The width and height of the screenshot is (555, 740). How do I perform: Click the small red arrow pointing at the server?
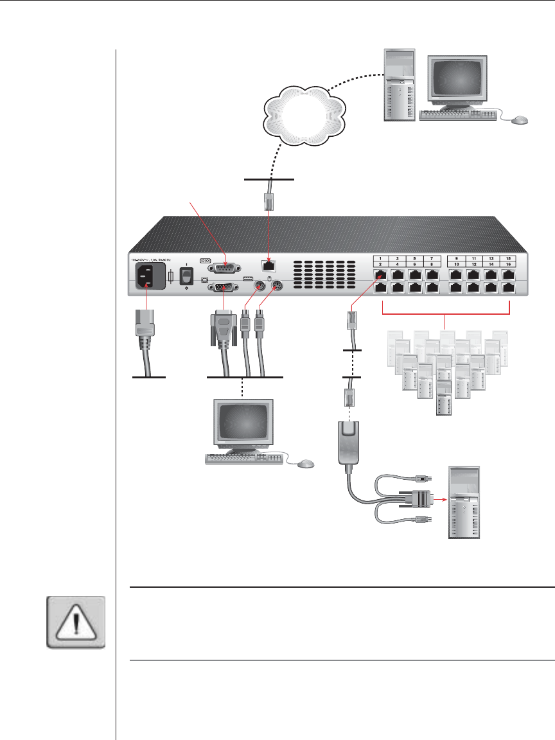(438, 496)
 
